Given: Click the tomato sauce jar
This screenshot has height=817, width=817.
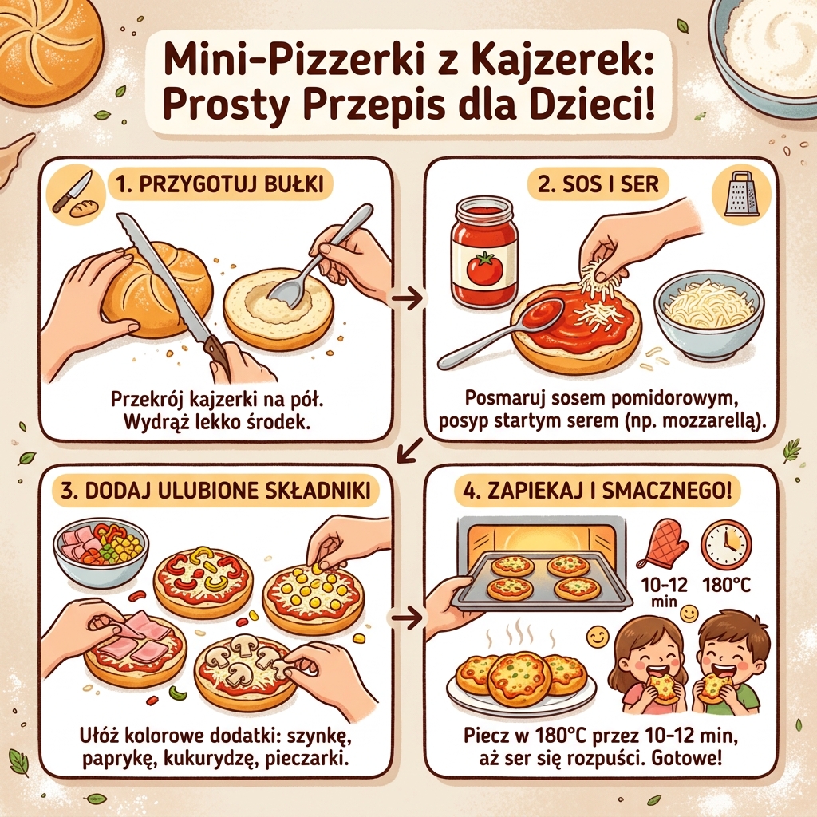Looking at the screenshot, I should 483,253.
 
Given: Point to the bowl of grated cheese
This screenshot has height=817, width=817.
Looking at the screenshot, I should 708,313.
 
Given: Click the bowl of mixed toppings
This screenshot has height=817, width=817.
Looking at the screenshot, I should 101,551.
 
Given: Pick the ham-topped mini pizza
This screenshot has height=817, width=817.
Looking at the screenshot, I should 134,648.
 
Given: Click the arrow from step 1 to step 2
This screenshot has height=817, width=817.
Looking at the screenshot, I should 409,298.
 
